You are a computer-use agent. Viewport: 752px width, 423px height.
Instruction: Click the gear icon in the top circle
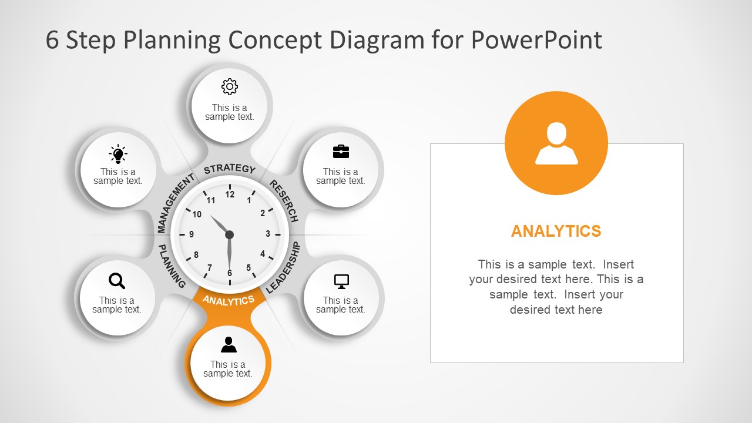tap(229, 87)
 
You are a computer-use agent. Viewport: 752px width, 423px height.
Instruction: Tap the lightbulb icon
tap(118, 154)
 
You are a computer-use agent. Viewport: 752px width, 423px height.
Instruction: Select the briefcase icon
tap(341, 152)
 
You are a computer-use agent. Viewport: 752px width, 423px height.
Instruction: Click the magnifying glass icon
tap(117, 281)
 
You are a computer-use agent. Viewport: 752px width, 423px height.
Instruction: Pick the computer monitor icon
tap(341, 281)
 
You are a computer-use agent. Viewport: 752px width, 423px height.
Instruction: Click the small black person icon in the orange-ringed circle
tap(229, 345)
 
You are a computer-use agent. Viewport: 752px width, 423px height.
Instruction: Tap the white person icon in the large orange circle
tap(556, 143)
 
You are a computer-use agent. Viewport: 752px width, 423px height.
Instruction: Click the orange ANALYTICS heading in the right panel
tap(556, 231)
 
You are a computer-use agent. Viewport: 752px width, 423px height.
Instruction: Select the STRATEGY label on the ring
tap(230, 169)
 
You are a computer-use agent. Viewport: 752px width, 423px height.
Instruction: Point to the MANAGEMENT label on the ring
tap(174, 203)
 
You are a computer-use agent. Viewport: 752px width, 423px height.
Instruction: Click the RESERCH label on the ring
tap(284, 200)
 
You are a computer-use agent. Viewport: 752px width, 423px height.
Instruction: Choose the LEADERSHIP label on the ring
tap(284, 268)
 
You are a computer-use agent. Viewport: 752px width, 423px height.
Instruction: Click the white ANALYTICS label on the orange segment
tap(229, 300)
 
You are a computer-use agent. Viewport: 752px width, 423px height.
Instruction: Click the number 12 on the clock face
tap(230, 194)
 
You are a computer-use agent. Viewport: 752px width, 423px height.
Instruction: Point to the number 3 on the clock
tap(268, 234)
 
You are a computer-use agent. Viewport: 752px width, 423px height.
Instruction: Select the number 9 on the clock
tap(192, 234)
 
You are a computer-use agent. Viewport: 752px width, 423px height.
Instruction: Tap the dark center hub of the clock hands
tap(229, 234)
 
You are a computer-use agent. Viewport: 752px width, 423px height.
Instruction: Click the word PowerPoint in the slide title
tap(536, 40)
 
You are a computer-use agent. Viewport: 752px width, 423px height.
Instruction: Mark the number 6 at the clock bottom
tap(230, 273)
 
